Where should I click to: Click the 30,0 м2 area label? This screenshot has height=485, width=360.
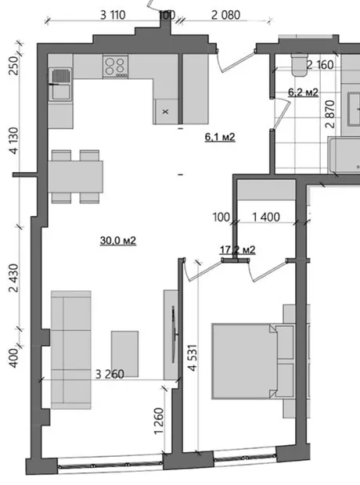118,240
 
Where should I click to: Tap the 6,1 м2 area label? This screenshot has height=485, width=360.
220,136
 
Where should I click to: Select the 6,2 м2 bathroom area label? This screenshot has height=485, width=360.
303,92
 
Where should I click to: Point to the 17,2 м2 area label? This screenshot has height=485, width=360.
238,250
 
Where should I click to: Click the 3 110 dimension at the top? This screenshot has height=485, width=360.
113,15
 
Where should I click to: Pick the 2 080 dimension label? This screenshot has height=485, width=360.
225,15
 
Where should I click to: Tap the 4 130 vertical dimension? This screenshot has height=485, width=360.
14,141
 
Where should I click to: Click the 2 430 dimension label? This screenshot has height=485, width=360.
14,278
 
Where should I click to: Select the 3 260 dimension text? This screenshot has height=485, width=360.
110,374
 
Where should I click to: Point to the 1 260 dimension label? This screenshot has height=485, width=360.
159,421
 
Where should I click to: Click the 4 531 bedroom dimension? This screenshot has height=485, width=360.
193,357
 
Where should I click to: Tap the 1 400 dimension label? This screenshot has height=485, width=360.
266,217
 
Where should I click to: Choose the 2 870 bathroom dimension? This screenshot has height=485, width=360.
330,114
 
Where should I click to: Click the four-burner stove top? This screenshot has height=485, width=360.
116,66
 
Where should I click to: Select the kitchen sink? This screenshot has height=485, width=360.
60,84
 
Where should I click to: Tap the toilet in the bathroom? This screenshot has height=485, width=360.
299,65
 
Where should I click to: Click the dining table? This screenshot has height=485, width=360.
76,177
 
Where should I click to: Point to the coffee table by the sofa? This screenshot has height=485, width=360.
124,354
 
